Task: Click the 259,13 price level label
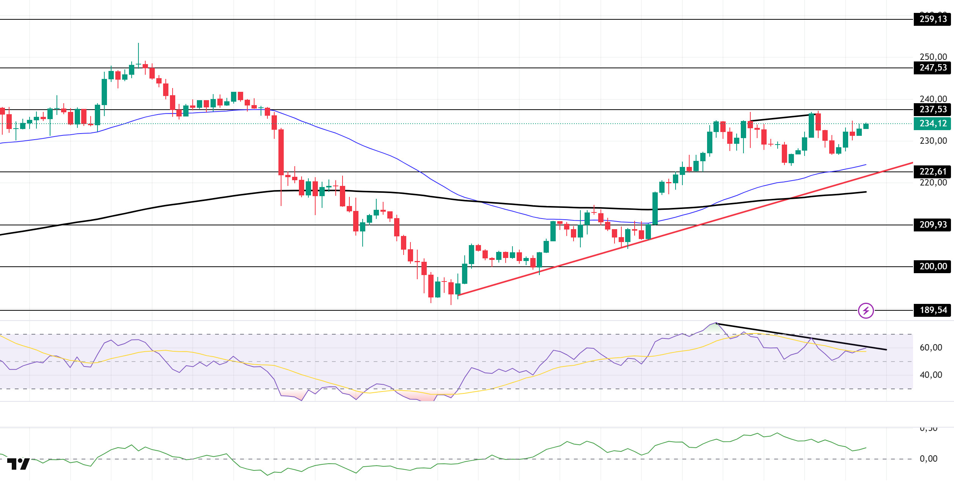point(932,19)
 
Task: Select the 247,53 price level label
point(932,68)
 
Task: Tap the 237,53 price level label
point(932,110)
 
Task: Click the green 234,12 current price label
point(932,124)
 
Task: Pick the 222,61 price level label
point(932,172)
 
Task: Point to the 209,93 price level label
point(932,225)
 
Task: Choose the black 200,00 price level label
point(932,267)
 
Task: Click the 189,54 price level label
point(932,310)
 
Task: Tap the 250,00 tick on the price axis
point(932,57)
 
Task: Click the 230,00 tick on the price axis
point(932,141)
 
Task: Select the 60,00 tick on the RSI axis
point(930,348)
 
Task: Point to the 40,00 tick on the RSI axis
point(930,375)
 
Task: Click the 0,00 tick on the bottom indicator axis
point(928,459)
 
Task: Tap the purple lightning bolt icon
point(866,311)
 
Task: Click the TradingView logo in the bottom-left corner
point(18,464)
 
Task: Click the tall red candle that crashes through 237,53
point(281,152)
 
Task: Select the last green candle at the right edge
point(866,126)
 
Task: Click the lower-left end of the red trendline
point(459,295)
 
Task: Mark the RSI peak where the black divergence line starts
point(716,323)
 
